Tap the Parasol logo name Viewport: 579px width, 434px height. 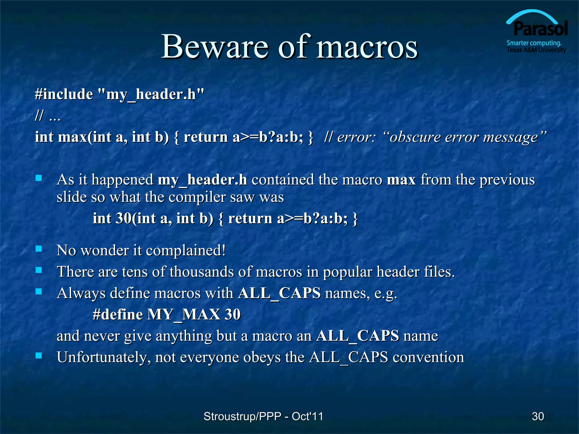pos(540,29)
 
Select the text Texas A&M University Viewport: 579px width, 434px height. pos(536,50)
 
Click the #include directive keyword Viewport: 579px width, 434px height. pos(64,94)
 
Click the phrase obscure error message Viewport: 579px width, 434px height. pos(464,138)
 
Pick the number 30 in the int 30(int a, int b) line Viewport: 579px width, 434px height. pos(124,218)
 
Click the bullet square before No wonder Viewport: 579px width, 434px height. pos(39,249)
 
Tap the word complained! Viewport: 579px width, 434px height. pos(186,251)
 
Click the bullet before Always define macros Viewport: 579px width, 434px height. pos(39,291)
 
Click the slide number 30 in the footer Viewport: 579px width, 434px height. pos(538,416)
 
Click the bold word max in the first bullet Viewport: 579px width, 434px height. pos(401,180)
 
